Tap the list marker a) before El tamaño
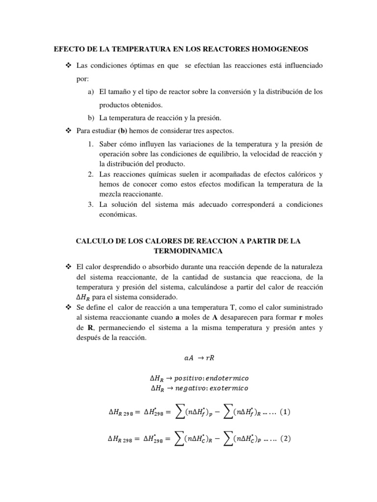pyautogui.click(x=91, y=92)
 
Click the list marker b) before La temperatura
pyautogui.click(x=91, y=118)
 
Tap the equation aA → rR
pyautogui.click(x=188, y=358)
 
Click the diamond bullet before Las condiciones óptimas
pyautogui.click(x=68, y=66)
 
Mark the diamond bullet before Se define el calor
pyautogui.click(x=68, y=307)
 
